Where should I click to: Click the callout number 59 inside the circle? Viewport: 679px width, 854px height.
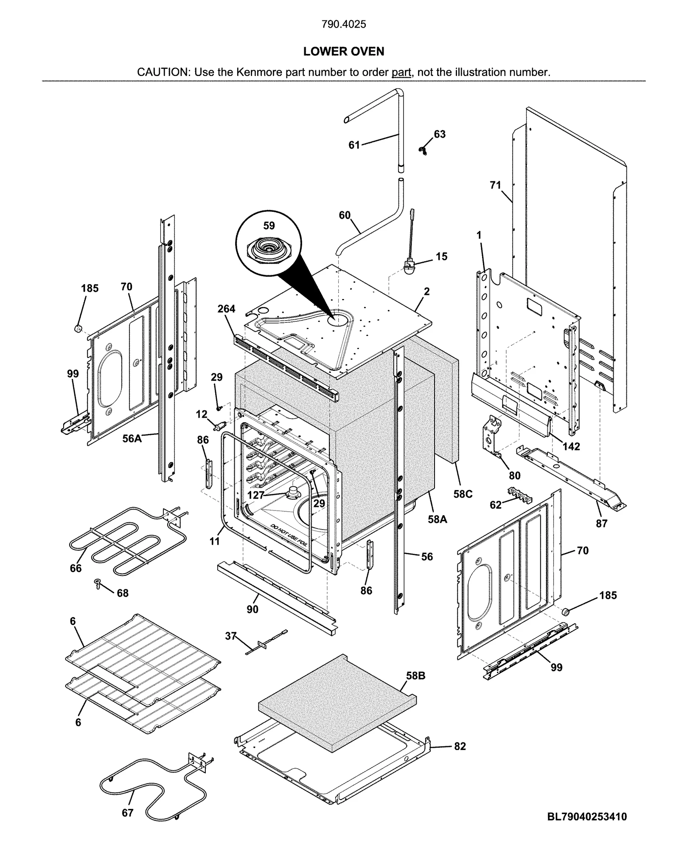(x=269, y=225)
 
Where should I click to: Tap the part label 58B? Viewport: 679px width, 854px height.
(x=415, y=676)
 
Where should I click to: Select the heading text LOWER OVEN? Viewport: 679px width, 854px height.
(x=343, y=51)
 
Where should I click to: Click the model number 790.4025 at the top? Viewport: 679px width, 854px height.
(x=343, y=24)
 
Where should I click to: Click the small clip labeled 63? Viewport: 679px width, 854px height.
(x=422, y=150)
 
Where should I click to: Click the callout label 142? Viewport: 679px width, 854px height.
(x=571, y=446)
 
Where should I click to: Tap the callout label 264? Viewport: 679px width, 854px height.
(x=226, y=309)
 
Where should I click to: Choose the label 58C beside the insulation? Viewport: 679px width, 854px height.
(x=463, y=494)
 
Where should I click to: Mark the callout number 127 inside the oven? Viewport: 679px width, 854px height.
(x=256, y=495)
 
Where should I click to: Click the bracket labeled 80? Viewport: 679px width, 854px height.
(x=492, y=437)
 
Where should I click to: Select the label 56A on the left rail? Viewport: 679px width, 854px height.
(x=132, y=438)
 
